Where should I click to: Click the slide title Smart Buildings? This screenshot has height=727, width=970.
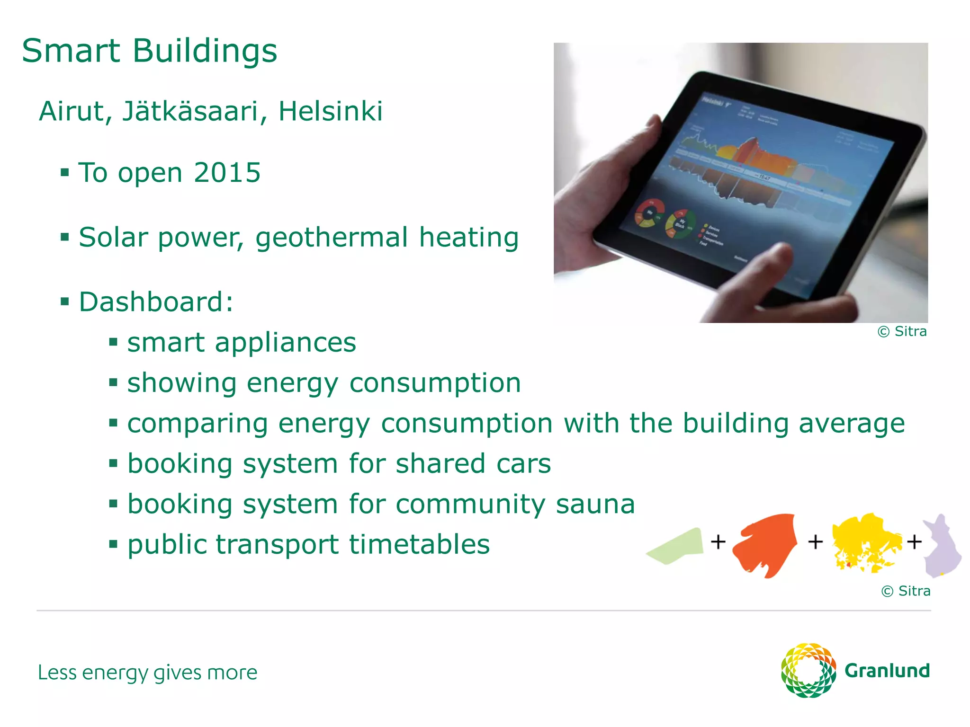point(149,51)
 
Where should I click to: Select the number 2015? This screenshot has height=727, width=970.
point(227,173)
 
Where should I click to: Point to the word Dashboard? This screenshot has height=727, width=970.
point(152,302)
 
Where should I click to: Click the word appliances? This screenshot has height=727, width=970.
point(285,343)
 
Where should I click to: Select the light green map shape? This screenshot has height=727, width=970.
point(677,547)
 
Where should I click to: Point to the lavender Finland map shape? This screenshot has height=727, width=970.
point(942,547)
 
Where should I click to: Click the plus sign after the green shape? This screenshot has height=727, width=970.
point(718,541)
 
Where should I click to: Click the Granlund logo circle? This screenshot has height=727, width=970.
point(808,670)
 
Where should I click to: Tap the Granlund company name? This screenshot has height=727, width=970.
point(887,671)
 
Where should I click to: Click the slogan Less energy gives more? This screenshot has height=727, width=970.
point(147,673)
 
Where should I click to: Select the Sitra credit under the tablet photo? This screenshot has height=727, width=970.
point(902,332)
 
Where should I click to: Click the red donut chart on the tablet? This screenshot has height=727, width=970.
point(649,213)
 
